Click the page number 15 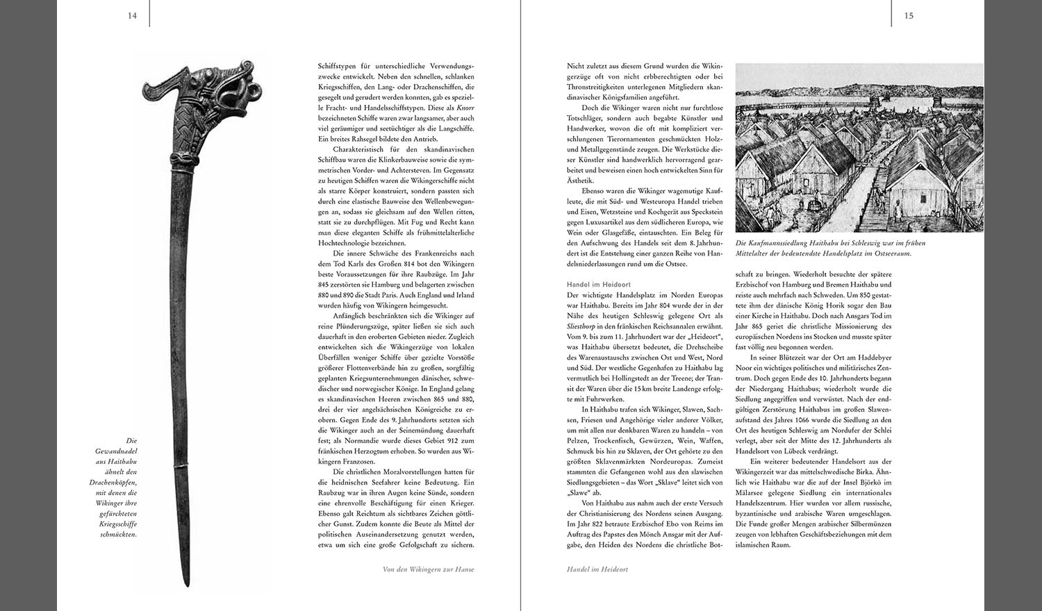pyautogui.click(x=909, y=15)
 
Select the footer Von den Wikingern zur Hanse pyautogui.click(x=429, y=569)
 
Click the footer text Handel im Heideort pyautogui.click(x=597, y=569)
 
